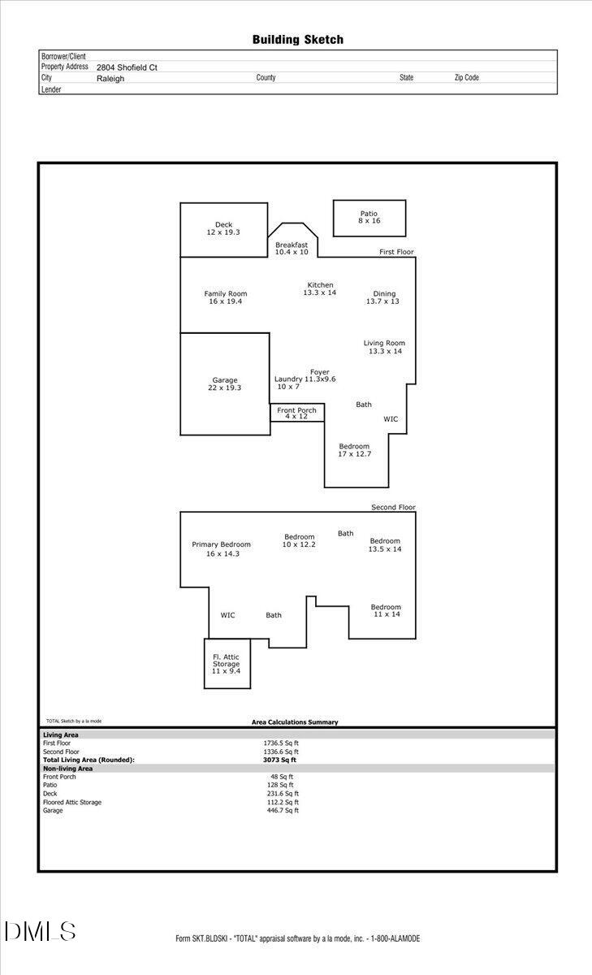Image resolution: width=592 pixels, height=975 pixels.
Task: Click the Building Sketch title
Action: point(297,39)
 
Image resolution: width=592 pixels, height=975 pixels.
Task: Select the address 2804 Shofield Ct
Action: point(127,67)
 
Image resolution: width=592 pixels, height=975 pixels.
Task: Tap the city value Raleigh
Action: point(110,79)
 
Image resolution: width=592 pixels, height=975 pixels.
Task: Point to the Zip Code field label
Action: point(466,78)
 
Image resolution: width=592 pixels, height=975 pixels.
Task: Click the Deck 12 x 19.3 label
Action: point(223,228)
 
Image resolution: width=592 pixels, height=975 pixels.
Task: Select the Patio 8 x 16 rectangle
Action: point(369,218)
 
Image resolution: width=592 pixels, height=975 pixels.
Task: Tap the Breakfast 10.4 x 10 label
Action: point(292,249)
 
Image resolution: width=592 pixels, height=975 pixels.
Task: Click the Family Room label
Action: point(226,297)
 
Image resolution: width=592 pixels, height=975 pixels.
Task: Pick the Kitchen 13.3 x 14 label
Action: point(320,288)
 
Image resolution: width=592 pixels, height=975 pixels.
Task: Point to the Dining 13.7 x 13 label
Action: point(384,297)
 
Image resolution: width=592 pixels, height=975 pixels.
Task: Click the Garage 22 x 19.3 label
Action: point(225,383)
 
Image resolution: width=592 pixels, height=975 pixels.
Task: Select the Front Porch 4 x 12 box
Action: point(297,413)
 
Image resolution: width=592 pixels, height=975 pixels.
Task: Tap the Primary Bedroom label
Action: point(222,548)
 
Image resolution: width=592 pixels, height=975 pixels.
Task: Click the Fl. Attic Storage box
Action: point(227,664)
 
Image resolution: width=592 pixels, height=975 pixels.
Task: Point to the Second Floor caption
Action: point(393,507)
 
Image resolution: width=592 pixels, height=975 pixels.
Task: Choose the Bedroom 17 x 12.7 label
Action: point(354,449)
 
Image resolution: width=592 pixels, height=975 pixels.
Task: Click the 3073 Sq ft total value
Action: point(279,760)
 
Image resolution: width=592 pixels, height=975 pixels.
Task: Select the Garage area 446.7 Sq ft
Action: point(279,810)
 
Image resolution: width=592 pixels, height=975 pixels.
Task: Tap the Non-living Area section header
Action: point(68,768)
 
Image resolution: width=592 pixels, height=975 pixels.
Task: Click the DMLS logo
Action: point(40,931)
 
